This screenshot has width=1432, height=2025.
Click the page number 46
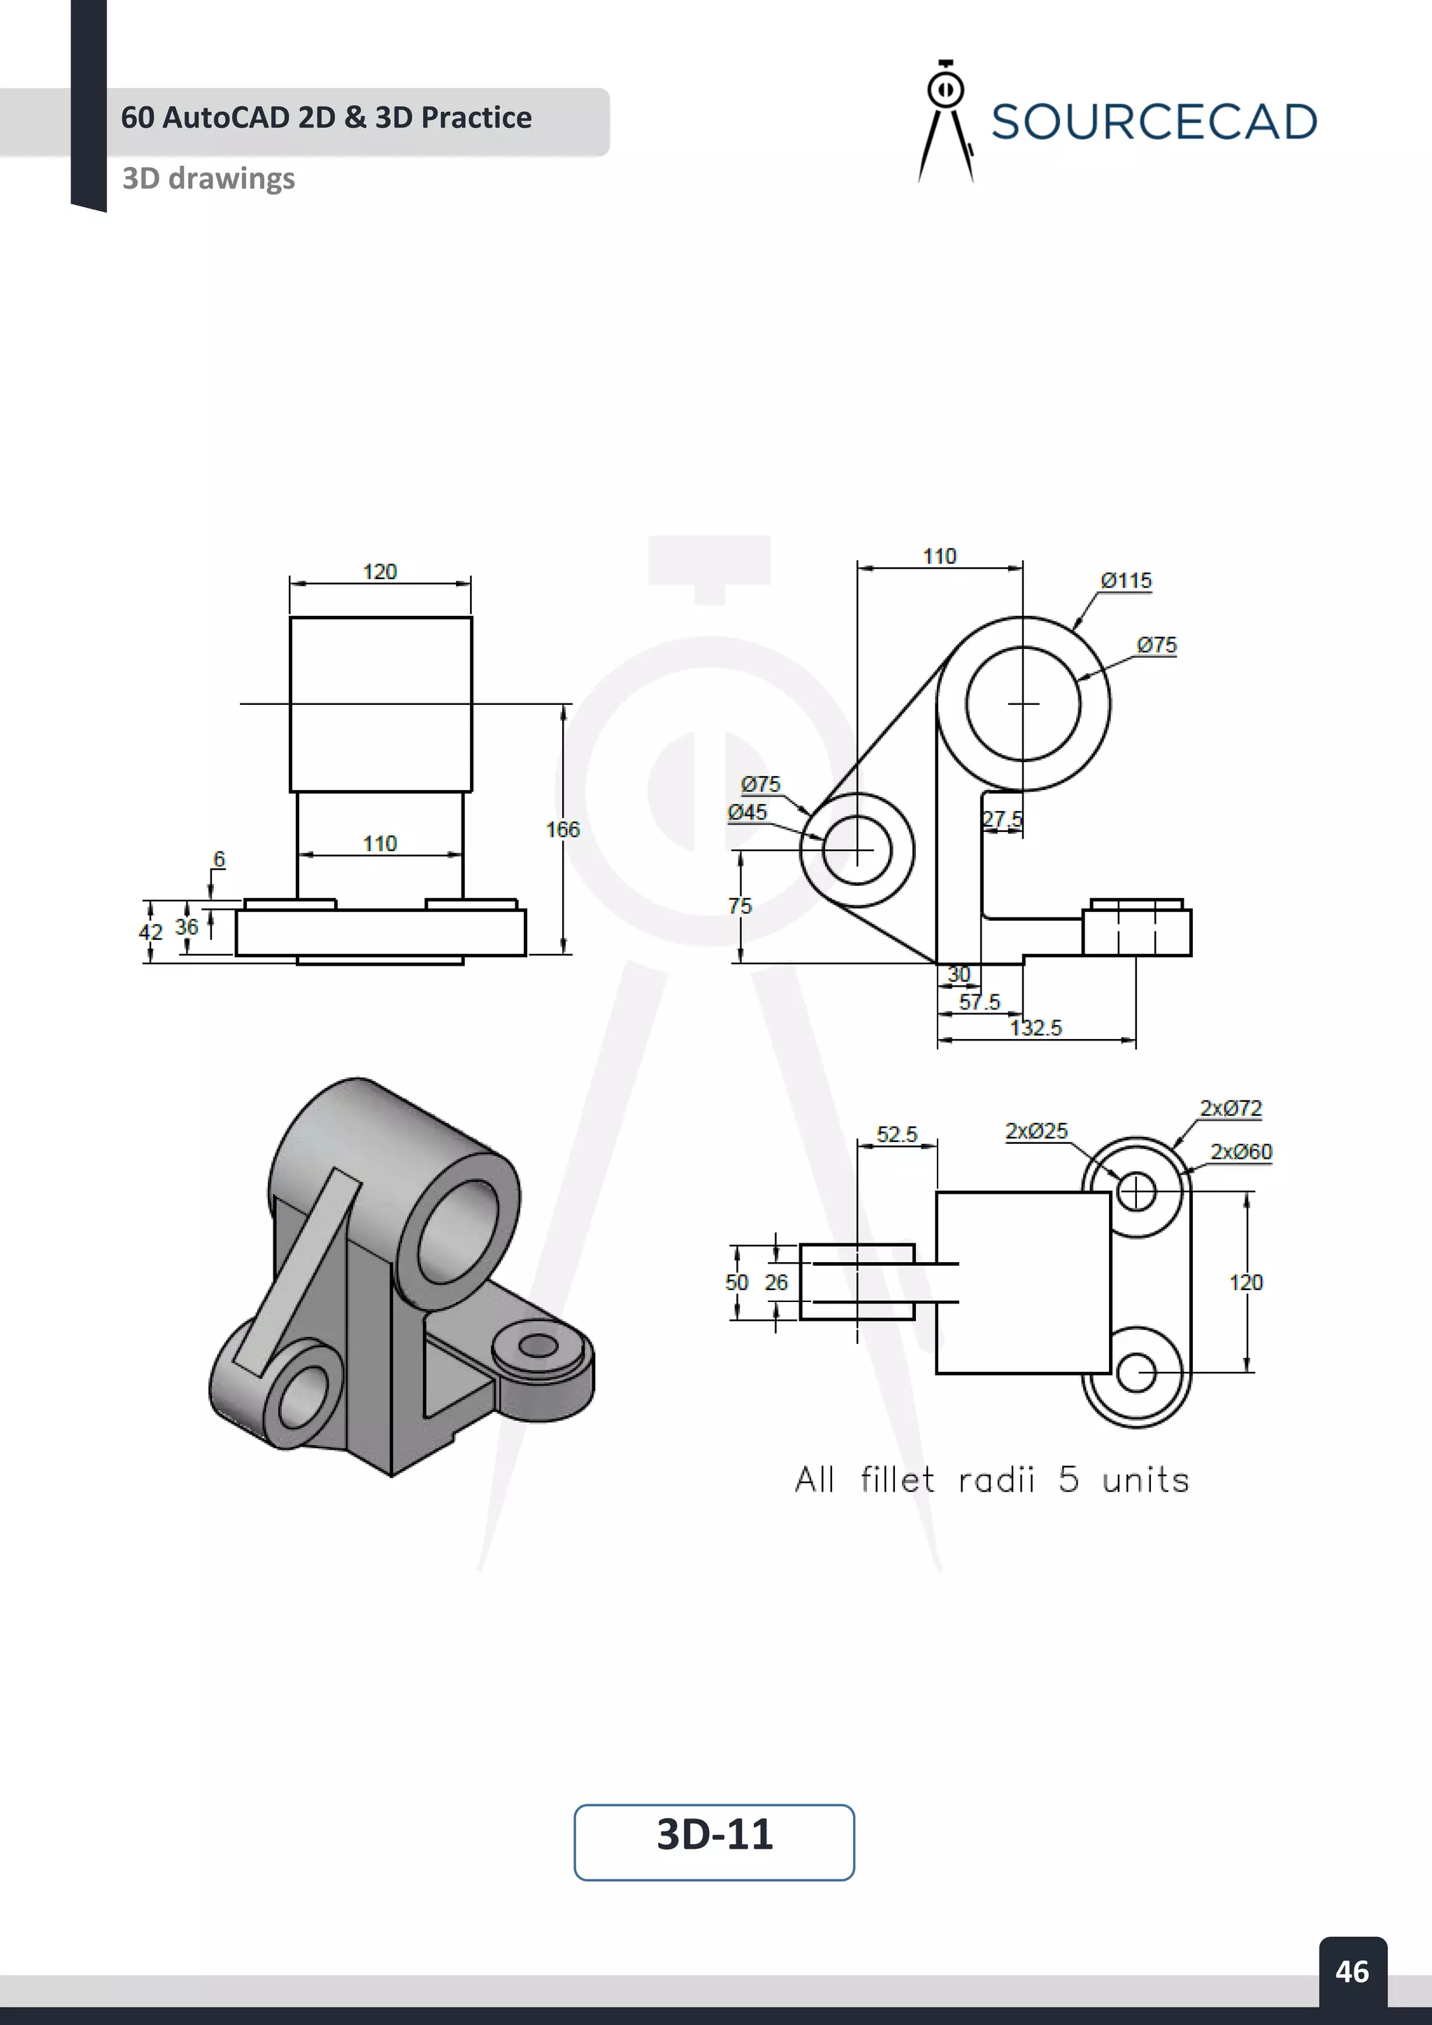tap(1352, 1971)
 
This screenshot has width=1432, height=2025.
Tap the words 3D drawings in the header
tap(208, 178)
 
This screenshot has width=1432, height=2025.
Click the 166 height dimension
tap(563, 829)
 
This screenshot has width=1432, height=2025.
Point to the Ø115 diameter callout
tap(1126, 580)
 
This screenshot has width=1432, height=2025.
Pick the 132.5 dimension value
tap(1036, 1027)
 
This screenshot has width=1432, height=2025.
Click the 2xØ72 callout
tap(1230, 1108)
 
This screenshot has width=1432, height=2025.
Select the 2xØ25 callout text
tap(1036, 1131)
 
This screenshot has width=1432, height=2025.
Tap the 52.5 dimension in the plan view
tap(897, 1134)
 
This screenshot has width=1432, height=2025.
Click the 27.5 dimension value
tap(1003, 820)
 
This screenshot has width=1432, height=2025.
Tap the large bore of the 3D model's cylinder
tap(459, 1231)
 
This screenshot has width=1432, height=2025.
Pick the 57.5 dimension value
tap(979, 1002)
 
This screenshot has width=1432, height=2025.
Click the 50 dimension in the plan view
tap(736, 1282)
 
